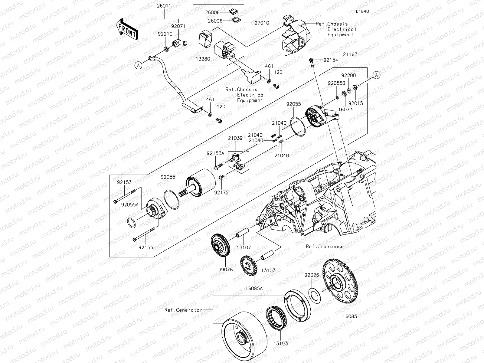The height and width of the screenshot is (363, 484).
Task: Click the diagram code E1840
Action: click(x=362, y=11)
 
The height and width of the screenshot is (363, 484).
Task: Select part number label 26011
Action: click(x=164, y=6)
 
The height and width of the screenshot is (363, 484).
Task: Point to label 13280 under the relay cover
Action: click(x=203, y=59)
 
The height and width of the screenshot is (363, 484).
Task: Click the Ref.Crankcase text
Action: click(x=325, y=246)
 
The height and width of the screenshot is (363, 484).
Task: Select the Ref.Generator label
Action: click(x=183, y=310)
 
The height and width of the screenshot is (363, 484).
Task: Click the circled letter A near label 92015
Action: click(x=376, y=75)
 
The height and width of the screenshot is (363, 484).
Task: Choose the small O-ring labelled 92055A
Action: click(x=131, y=224)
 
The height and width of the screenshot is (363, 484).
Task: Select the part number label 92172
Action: click(x=221, y=192)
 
